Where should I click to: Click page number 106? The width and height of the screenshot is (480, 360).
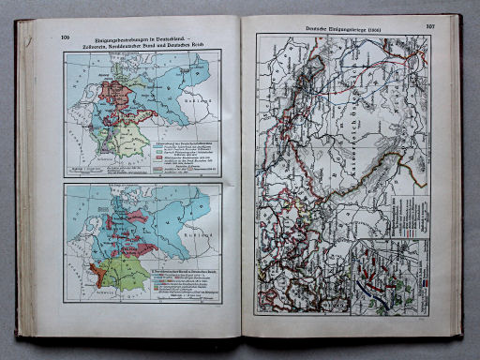pos(66,37)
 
